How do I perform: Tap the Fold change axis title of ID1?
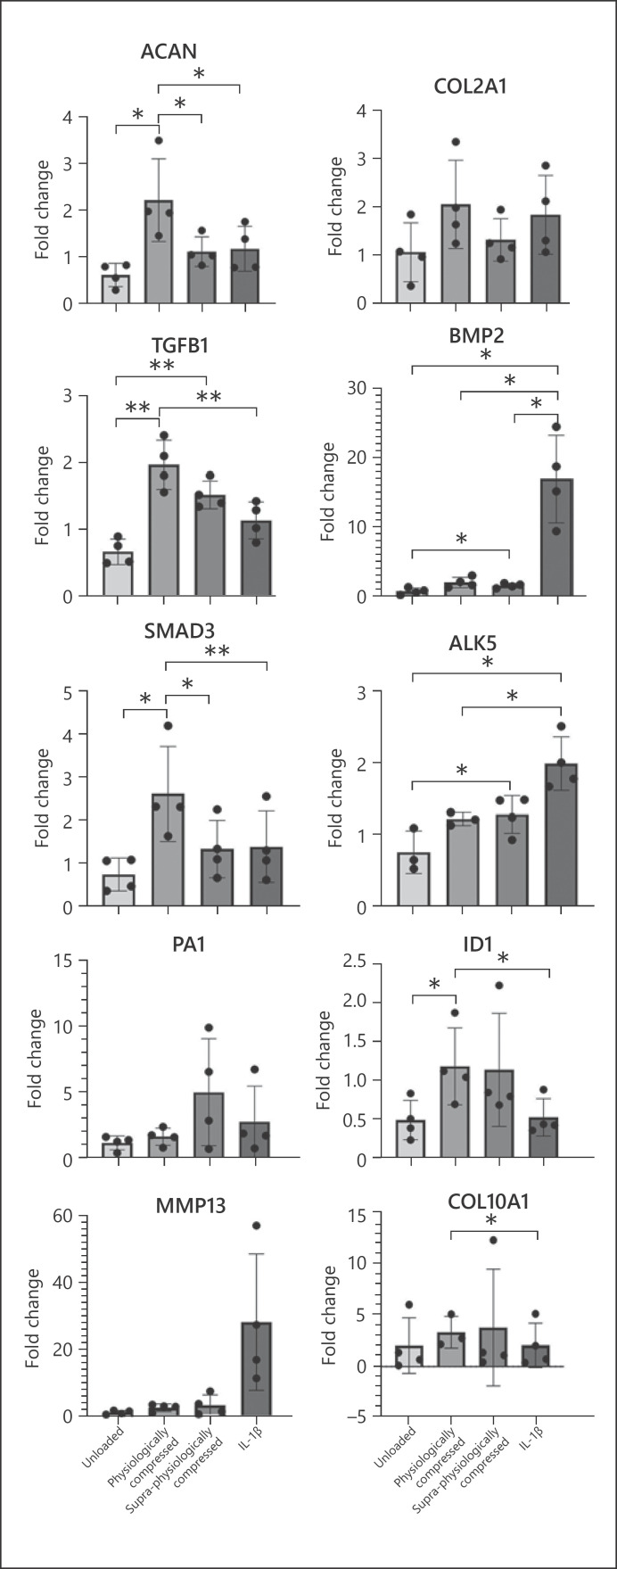pos(329,1060)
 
